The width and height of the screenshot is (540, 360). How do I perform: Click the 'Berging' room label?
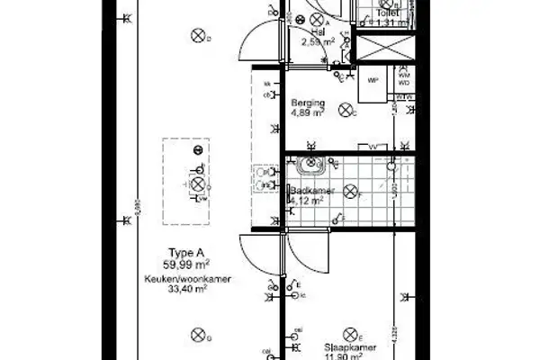[x=306, y=103]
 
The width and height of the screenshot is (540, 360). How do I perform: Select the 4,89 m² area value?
[x=306, y=114]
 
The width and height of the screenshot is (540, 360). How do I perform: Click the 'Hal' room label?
[x=317, y=31]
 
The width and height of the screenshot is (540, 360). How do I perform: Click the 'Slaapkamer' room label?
[x=345, y=343]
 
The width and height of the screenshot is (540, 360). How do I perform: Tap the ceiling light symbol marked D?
[x=197, y=35]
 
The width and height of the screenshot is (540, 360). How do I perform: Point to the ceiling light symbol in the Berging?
[x=346, y=111]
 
